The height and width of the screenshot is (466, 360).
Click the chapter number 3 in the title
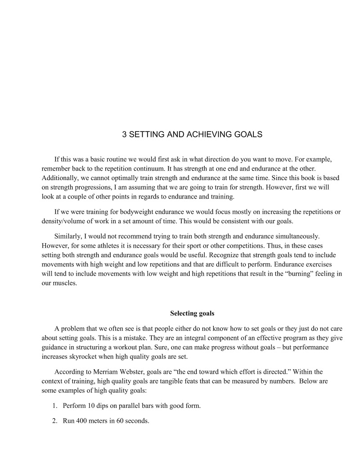(125, 135)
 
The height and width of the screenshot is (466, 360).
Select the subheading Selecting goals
(192, 313)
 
